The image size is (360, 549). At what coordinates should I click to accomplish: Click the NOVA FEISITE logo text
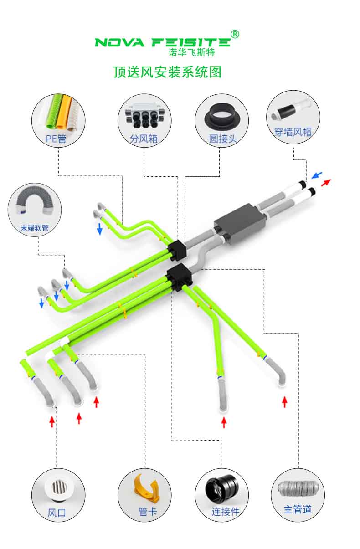pos(162,42)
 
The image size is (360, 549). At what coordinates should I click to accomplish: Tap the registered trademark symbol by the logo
pos(235,34)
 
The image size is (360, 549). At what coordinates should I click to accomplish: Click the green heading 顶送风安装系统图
pos(167,72)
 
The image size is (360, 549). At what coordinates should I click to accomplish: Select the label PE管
pos(56,139)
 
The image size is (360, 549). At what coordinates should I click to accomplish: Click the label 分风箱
pos(144,139)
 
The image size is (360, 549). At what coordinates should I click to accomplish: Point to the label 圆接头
pos(223,139)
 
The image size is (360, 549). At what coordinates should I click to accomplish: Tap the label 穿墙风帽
pos(293,132)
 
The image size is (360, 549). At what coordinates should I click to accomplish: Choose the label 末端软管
pos(35,228)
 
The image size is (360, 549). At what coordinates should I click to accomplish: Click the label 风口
pos(57,513)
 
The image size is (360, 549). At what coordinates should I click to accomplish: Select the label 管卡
pos(148,512)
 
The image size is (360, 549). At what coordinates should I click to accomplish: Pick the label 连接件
pos(226,512)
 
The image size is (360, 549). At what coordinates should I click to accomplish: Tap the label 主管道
pos(298,509)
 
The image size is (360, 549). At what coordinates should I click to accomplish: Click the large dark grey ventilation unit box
pos(240,224)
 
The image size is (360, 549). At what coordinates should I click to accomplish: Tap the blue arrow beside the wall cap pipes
pos(317,175)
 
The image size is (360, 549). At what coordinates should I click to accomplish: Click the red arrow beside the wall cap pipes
pos(326,182)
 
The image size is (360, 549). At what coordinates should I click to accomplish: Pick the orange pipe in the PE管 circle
pos(63,112)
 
